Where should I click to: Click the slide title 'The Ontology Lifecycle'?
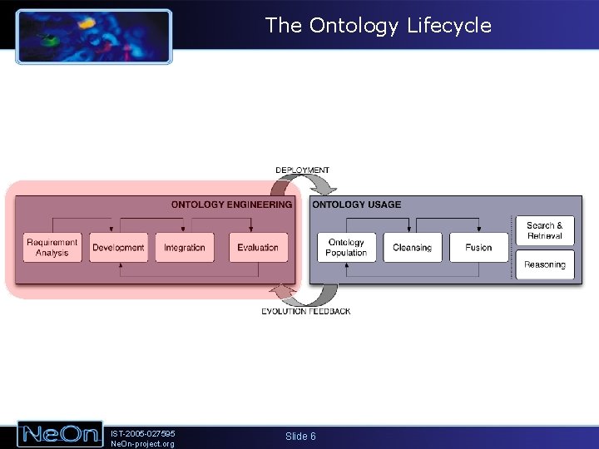pyautogui.click(x=379, y=26)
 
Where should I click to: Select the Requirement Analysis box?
pyautogui.click(x=52, y=248)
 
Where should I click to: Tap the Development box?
pyautogui.click(x=118, y=248)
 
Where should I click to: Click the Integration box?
pyautogui.click(x=185, y=248)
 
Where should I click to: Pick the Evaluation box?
pyautogui.click(x=258, y=248)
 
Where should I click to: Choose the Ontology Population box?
pyautogui.click(x=346, y=248)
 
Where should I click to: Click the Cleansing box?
pyautogui.click(x=412, y=248)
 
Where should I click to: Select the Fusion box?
pyautogui.click(x=478, y=248)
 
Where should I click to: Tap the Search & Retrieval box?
pyautogui.click(x=545, y=230)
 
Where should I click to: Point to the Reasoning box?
pyautogui.click(x=545, y=265)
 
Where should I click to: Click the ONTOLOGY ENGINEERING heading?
pyautogui.click(x=231, y=205)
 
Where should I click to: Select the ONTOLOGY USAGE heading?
pyautogui.click(x=356, y=205)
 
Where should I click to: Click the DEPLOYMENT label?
pyautogui.click(x=302, y=170)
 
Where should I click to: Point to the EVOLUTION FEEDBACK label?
pyautogui.click(x=305, y=312)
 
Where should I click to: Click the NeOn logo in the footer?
pyautogui.click(x=60, y=434)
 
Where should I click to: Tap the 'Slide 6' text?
pyautogui.click(x=300, y=437)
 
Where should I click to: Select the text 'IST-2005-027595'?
pyautogui.click(x=143, y=432)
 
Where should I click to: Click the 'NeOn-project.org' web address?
pyautogui.click(x=142, y=444)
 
